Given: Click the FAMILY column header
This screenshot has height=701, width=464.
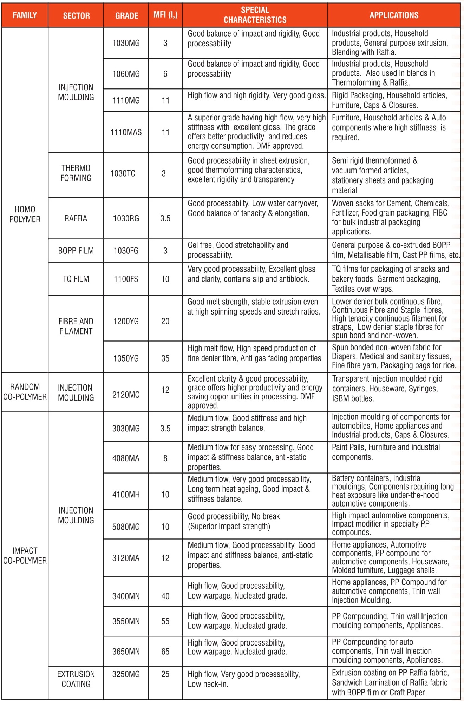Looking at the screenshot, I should point(25,15).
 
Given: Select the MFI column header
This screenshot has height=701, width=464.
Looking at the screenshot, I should point(165,15).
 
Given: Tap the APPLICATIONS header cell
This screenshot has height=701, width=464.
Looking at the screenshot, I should point(394,15).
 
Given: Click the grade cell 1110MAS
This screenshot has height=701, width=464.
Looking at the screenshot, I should point(126,132).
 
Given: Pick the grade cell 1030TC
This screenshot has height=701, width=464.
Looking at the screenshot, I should point(123,173).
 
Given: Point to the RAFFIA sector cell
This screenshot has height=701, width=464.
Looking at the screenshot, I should point(76,218).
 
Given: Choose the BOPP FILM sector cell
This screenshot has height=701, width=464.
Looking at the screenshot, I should point(76,251).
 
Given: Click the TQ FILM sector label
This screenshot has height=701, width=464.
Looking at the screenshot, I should point(76,279).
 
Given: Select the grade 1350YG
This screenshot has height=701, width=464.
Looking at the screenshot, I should point(126,358).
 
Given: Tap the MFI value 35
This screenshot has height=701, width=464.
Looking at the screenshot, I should point(165,358).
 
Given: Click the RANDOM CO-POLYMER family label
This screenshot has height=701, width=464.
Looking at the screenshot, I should point(25,392).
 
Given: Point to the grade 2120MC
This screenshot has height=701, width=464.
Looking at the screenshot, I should point(126,395).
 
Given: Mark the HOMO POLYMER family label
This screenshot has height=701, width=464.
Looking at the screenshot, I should point(25,214).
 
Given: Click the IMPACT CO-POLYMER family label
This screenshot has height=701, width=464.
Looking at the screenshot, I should point(25,556).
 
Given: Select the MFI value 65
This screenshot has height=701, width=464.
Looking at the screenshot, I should point(165,652).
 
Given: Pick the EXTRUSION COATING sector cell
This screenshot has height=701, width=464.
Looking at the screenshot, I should point(76,679).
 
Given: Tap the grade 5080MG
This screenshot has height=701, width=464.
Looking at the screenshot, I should point(126,527).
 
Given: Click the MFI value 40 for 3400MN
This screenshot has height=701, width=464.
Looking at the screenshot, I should point(165,596).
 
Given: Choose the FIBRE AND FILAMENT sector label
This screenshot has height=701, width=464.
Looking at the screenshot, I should point(76,326).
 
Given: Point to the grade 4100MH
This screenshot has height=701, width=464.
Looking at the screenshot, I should point(126,495).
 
